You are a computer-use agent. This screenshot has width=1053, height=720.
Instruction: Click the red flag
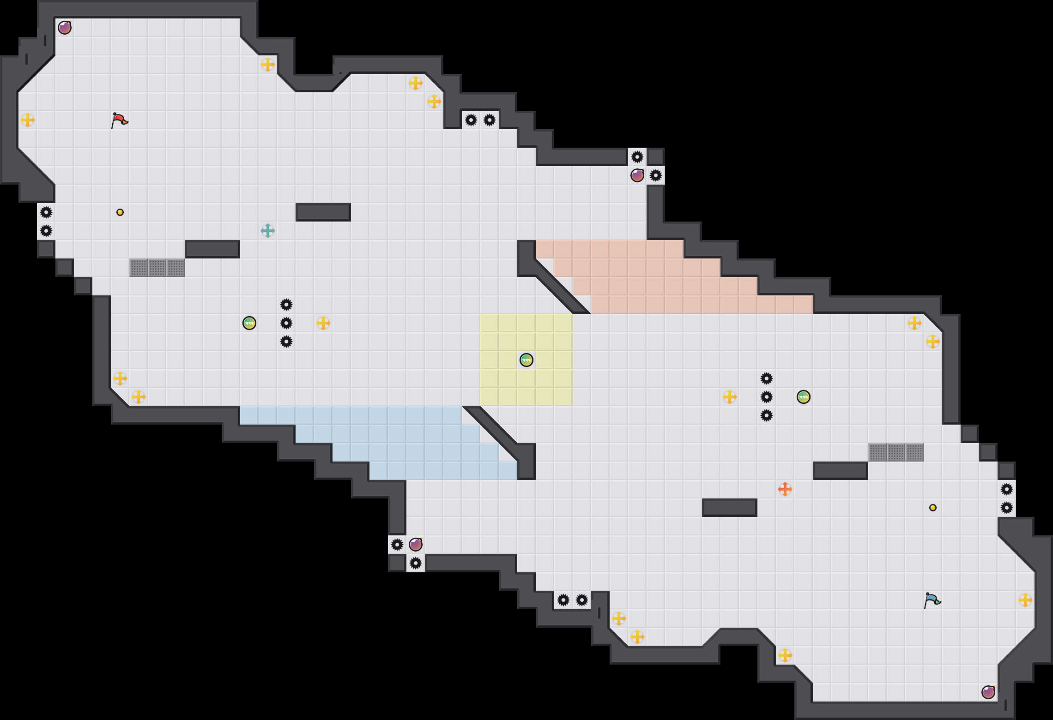[119, 120]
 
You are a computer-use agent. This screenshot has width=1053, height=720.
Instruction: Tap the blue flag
[932, 600]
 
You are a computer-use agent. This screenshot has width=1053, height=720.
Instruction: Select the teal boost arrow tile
[268, 231]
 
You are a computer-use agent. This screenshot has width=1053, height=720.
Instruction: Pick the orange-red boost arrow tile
[785, 489]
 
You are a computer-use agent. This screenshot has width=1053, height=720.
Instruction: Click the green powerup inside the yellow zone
[526, 360]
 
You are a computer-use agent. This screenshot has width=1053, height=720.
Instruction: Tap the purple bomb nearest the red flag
[65, 28]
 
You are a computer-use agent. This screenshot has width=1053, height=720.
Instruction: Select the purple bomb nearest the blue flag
[988, 692]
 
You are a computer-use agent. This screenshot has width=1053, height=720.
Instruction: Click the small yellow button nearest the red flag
[120, 212]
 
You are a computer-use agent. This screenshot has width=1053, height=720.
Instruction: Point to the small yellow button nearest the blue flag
[933, 508]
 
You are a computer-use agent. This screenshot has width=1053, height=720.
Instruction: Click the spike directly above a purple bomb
[637, 157]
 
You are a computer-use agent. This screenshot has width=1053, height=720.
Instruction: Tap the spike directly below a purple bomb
[416, 563]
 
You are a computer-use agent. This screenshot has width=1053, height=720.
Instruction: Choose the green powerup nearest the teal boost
[249, 323]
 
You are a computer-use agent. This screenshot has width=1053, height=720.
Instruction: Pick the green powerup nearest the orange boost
[804, 397]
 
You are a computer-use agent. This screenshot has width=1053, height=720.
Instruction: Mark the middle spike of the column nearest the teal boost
[286, 323]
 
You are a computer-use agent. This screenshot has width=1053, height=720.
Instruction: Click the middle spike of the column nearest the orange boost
[767, 397]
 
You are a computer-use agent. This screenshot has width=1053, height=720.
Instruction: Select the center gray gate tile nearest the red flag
[157, 268]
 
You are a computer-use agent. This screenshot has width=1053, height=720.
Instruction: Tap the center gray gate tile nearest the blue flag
[896, 452]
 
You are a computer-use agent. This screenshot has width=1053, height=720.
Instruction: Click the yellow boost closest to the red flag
[28, 120]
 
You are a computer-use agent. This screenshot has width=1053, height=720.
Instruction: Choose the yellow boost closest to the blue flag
[1025, 600]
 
